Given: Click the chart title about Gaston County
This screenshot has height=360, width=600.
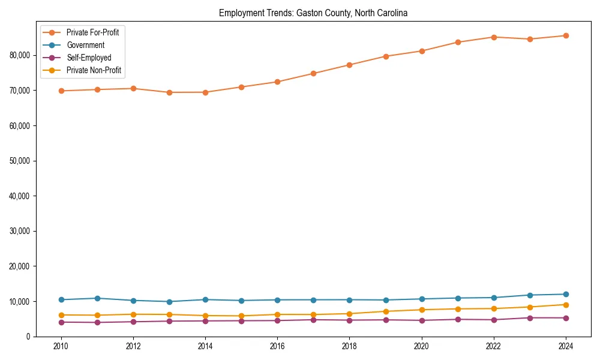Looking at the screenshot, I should tap(313, 13).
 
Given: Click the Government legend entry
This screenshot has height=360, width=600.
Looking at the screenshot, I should tap(85, 45).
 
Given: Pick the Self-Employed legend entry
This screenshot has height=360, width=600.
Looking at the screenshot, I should tap(89, 58).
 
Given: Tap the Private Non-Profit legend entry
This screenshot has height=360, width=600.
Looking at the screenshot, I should tap(94, 70).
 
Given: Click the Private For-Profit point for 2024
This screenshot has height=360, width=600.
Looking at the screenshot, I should tap(566, 35).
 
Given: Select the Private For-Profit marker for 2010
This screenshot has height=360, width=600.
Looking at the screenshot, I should tap(61, 91).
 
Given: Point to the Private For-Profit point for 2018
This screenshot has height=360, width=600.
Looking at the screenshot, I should tap(349, 65).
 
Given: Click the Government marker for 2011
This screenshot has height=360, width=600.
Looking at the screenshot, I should tap(97, 298).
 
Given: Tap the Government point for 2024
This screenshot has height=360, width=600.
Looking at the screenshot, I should tap(566, 294).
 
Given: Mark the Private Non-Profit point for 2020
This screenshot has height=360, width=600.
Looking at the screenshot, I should tap(421, 310).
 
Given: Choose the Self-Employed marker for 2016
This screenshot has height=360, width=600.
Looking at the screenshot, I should tap(277, 320).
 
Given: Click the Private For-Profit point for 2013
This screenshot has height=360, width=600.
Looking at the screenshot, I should tap(169, 92).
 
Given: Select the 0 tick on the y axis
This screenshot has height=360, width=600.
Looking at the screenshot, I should tap(28, 337).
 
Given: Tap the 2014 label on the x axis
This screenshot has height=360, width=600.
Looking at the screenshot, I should tap(205, 346).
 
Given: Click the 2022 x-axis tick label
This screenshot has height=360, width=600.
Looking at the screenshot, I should tap(494, 346).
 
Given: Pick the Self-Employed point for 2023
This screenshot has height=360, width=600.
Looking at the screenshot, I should tap(530, 318).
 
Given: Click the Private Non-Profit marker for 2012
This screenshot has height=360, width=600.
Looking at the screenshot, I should tap(133, 314).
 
